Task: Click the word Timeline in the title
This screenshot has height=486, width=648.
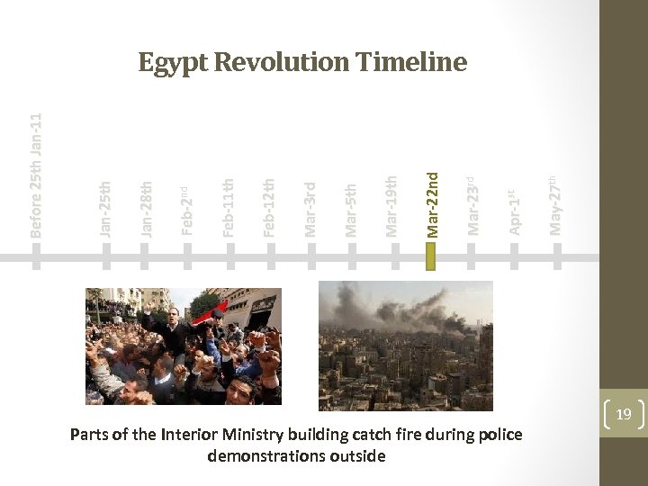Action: pyautogui.click(x=411, y=62)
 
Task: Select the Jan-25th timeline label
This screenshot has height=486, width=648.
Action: pyautogui.click(x=106, y=209)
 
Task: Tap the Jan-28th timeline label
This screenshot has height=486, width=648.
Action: pyautogui.click(x=147, y=208)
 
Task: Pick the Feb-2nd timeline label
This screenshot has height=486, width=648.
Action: pyautogui.click(x=187, y=210)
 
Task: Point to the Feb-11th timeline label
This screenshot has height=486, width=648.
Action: pyautogui.click(x=229, y=208)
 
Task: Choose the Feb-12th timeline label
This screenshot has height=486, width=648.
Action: pyautogui.click(x=269, y=208)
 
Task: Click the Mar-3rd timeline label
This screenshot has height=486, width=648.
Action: pyautogui.click(x=310, y=210)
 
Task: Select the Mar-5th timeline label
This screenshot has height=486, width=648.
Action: pyautogui.click(x=351, y=210)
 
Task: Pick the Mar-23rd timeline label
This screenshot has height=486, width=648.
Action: pyautogui.click(x=472, y=206)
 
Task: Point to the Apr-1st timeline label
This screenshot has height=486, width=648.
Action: pyautogui.click(x=513, y=212)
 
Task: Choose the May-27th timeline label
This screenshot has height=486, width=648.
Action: pyautogui.click(x=555, y=204)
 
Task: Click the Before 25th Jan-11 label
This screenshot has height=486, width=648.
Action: pyautogui.click(x=35, y=176)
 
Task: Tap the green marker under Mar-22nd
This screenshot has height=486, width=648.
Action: pyautogui.click(x=431, y=257)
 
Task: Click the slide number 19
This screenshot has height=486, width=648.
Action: pyautogui.click(x=623, y=414)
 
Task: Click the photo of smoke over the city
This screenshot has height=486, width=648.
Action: pyautogui.click(x=406, y=343)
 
